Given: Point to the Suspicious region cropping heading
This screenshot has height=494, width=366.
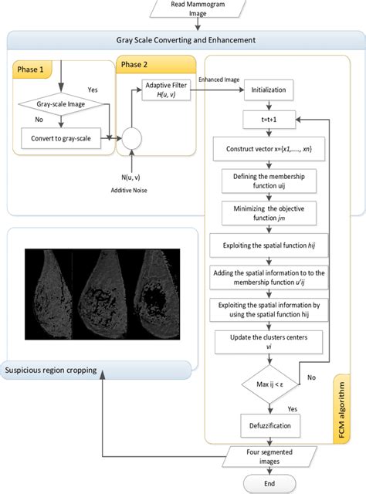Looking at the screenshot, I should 52,370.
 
